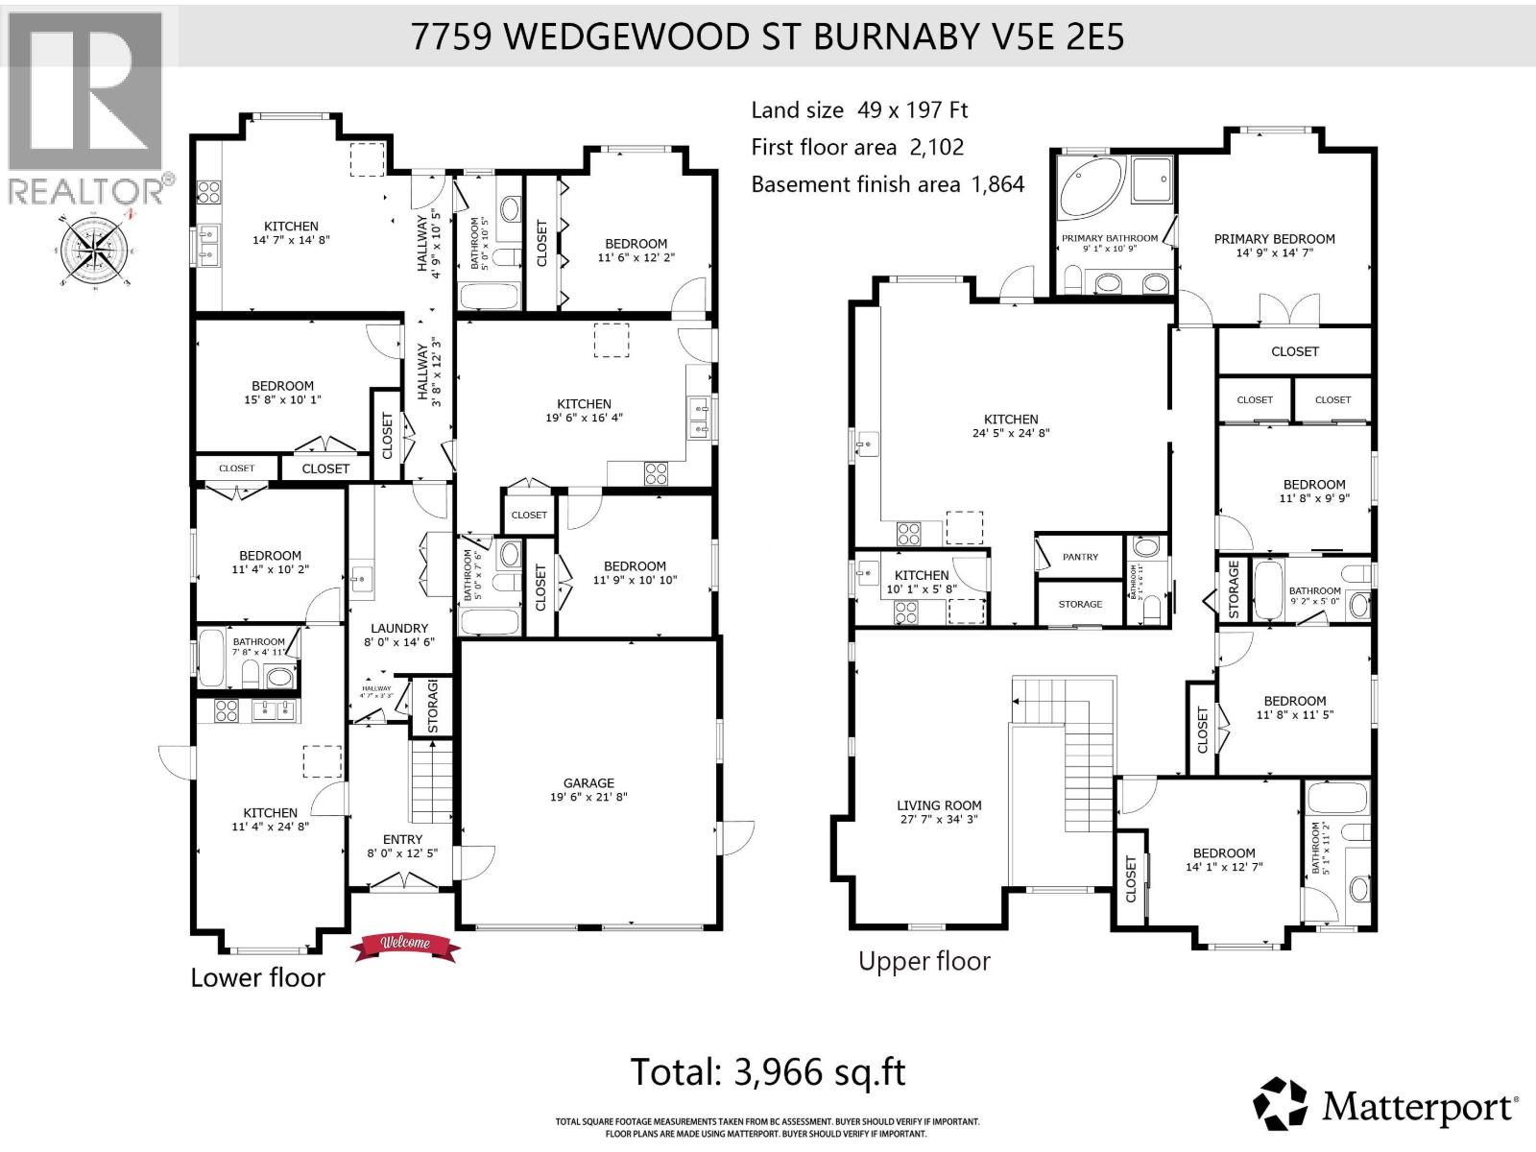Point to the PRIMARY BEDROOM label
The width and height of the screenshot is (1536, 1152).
click(x=1274, y=239)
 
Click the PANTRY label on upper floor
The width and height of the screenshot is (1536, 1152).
click(x=1080, y=557)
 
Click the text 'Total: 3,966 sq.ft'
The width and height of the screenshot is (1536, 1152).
click(x=767, y=1071)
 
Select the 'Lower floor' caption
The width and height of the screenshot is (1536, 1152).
click(x=257, y=978)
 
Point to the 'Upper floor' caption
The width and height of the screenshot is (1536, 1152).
click(x=924, y=961)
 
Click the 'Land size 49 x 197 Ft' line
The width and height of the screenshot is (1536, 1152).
click(x=859, y=110)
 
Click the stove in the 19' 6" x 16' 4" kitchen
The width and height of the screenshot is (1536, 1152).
click(x=656, y=472)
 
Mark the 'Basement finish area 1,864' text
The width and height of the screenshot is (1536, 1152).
click(x=887, y=184)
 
